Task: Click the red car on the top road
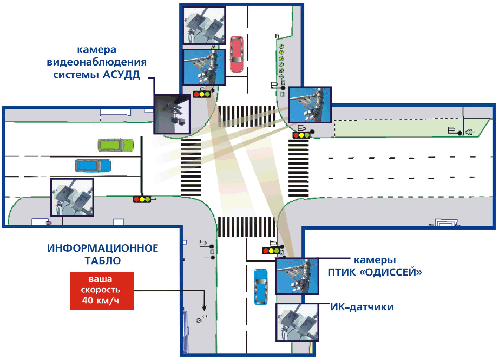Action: point(237,54)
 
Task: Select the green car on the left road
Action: point(115,145)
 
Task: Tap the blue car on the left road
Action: point(93,165)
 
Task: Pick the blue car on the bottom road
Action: point(261,285)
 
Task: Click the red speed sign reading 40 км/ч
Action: point(102,290)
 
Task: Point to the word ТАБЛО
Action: point(103,260)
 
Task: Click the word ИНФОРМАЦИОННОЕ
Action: point(103,248)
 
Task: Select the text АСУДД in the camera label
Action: point(121,75)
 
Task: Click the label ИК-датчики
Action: point(362,307)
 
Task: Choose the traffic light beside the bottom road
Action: point(271,251)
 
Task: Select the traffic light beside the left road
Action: point(142,199)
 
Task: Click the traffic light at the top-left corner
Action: point(202,94)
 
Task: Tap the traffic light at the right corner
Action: point(301,134)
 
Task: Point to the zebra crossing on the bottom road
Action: point(247,226)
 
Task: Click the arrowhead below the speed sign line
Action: point(205,307)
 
